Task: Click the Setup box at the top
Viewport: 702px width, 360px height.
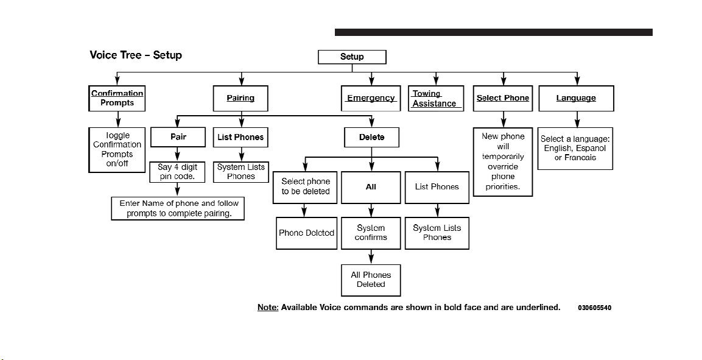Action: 352,57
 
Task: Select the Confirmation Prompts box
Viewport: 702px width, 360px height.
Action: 117,98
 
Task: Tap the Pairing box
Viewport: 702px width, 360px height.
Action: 240,98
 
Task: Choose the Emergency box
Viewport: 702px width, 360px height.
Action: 371,98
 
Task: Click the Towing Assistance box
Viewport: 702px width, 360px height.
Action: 435,98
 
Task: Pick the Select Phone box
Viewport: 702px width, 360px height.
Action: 503,98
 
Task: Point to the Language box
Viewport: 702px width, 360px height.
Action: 576,98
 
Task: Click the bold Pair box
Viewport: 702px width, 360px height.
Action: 178,137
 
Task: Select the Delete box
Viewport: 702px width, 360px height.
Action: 371,137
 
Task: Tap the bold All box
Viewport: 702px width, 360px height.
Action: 371,187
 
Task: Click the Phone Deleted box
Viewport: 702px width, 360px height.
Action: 307,233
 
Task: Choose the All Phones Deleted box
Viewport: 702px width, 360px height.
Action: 371,280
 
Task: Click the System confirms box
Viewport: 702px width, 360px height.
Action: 371,233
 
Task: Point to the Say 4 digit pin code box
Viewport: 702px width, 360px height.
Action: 177,172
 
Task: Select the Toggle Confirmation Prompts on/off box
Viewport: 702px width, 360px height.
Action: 117,150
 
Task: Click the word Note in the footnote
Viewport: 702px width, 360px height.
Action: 268,307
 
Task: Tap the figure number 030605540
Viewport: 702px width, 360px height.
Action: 595,308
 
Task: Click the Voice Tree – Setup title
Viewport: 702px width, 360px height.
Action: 136,55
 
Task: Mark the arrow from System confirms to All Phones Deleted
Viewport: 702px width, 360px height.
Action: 371,256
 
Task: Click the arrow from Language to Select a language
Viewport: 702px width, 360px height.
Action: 577,119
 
